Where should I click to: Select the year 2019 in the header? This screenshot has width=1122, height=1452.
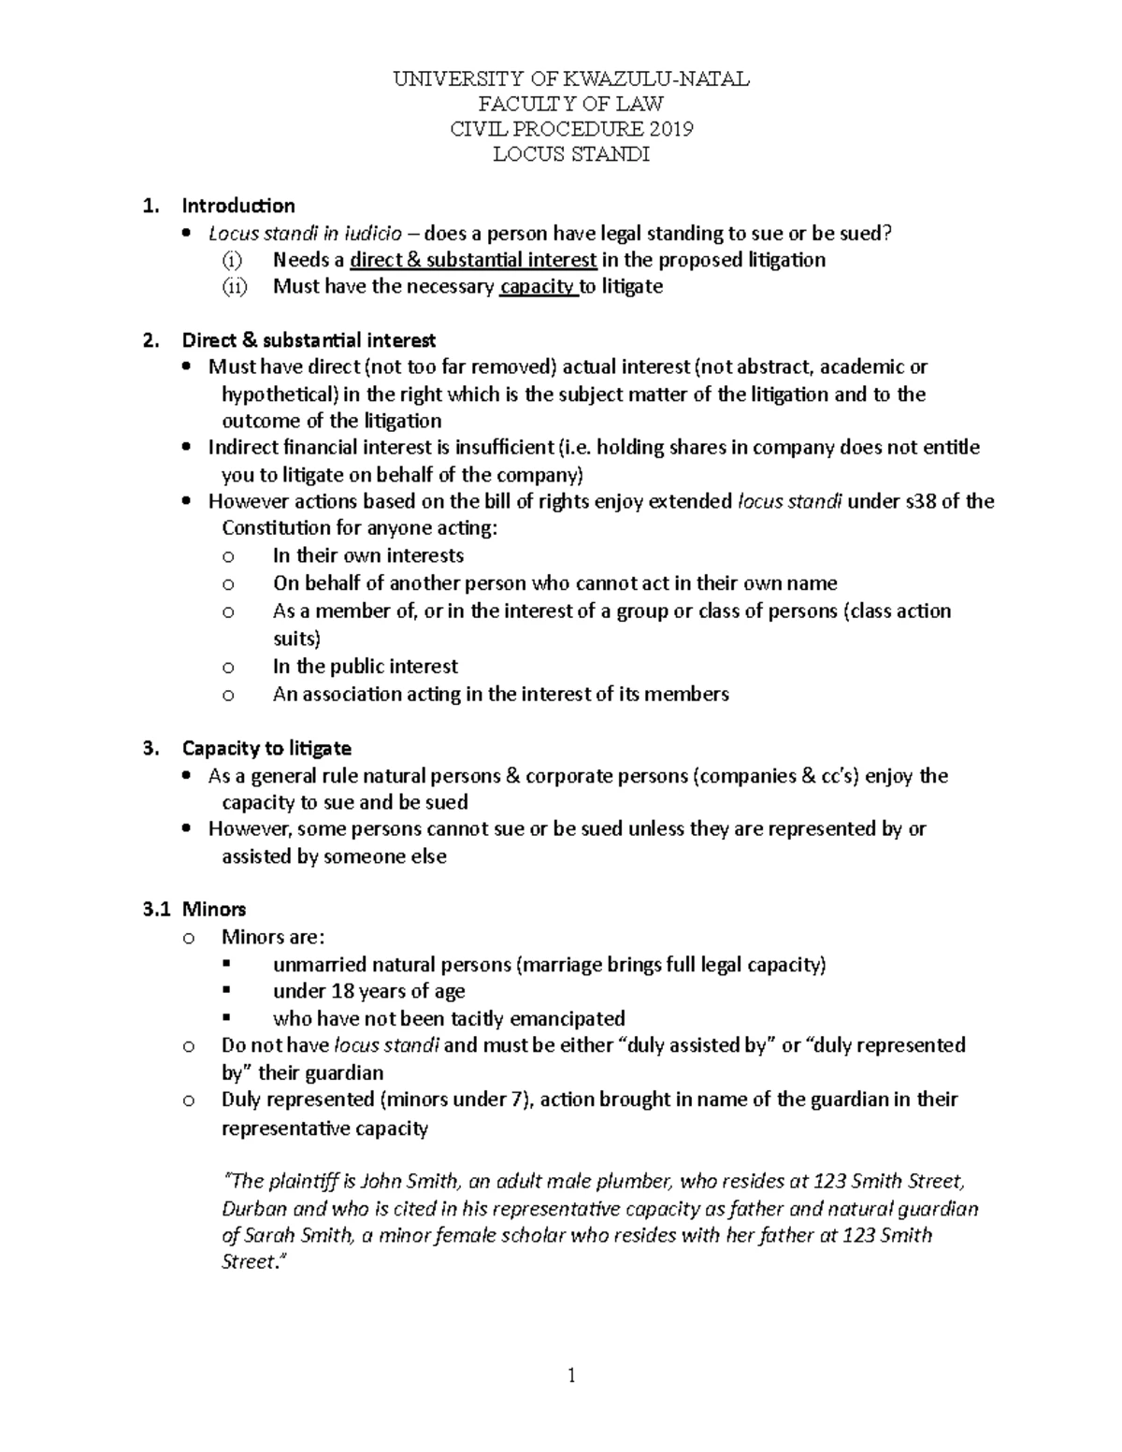point(670,129)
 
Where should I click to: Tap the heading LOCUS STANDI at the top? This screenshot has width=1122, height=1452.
point(571,154)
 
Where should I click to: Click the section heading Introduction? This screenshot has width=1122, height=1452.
point(238,206)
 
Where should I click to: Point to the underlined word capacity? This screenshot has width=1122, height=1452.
point(538,286)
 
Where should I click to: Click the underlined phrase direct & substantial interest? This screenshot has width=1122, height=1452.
point(473,260)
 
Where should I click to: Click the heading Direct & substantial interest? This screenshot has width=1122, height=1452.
point(309,339)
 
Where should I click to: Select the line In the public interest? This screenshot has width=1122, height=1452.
point(366,667)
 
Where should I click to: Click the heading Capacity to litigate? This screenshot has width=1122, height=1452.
point(266,748)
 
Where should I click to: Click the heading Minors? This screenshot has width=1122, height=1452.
point(214,909)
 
